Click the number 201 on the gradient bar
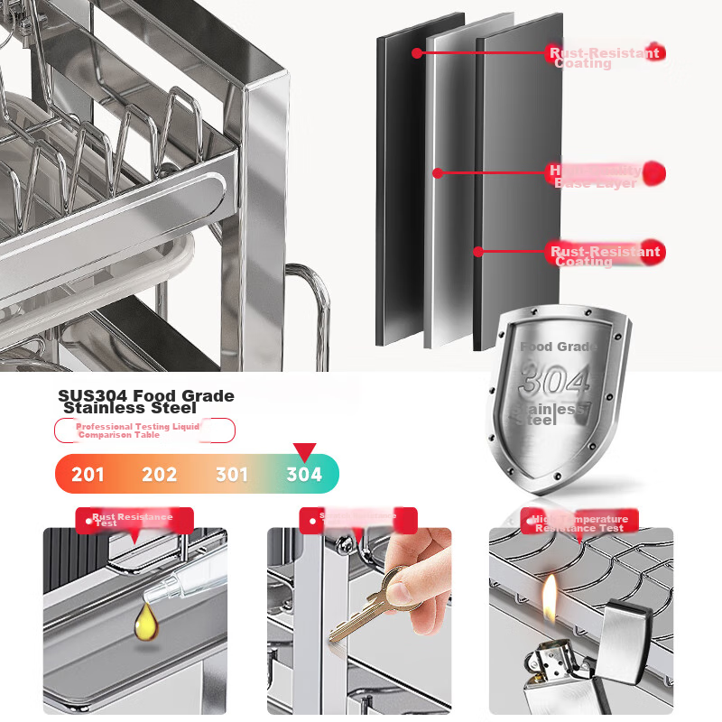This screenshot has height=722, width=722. pyautogui.click(x=88, y=475)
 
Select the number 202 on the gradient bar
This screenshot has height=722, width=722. pyautogui.click(x=160, y=475)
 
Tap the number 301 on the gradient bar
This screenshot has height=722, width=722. pyautogui.click(x=232, y=475)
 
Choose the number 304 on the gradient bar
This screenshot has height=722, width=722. pyautogui.click(x=304, y=475)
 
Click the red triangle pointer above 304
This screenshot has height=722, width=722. pyautogui.click(x=305, y=451)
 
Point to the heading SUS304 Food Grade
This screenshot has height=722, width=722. pyautogui.click(x=145, y=395)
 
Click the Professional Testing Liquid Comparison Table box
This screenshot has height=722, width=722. pyautogui.click(x=144, y=430)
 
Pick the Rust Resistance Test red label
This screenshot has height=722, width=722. pyautogui.click(x=134, y=520)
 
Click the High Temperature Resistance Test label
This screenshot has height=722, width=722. pyautogui.click(x=579, y=522)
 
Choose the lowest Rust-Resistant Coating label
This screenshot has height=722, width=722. pyautogui.click(x=605, y=254)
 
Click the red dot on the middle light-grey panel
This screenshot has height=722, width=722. pyautogui.click(x=436, y=171)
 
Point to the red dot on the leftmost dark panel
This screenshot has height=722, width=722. pyautogui.click(x=416, y=53)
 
